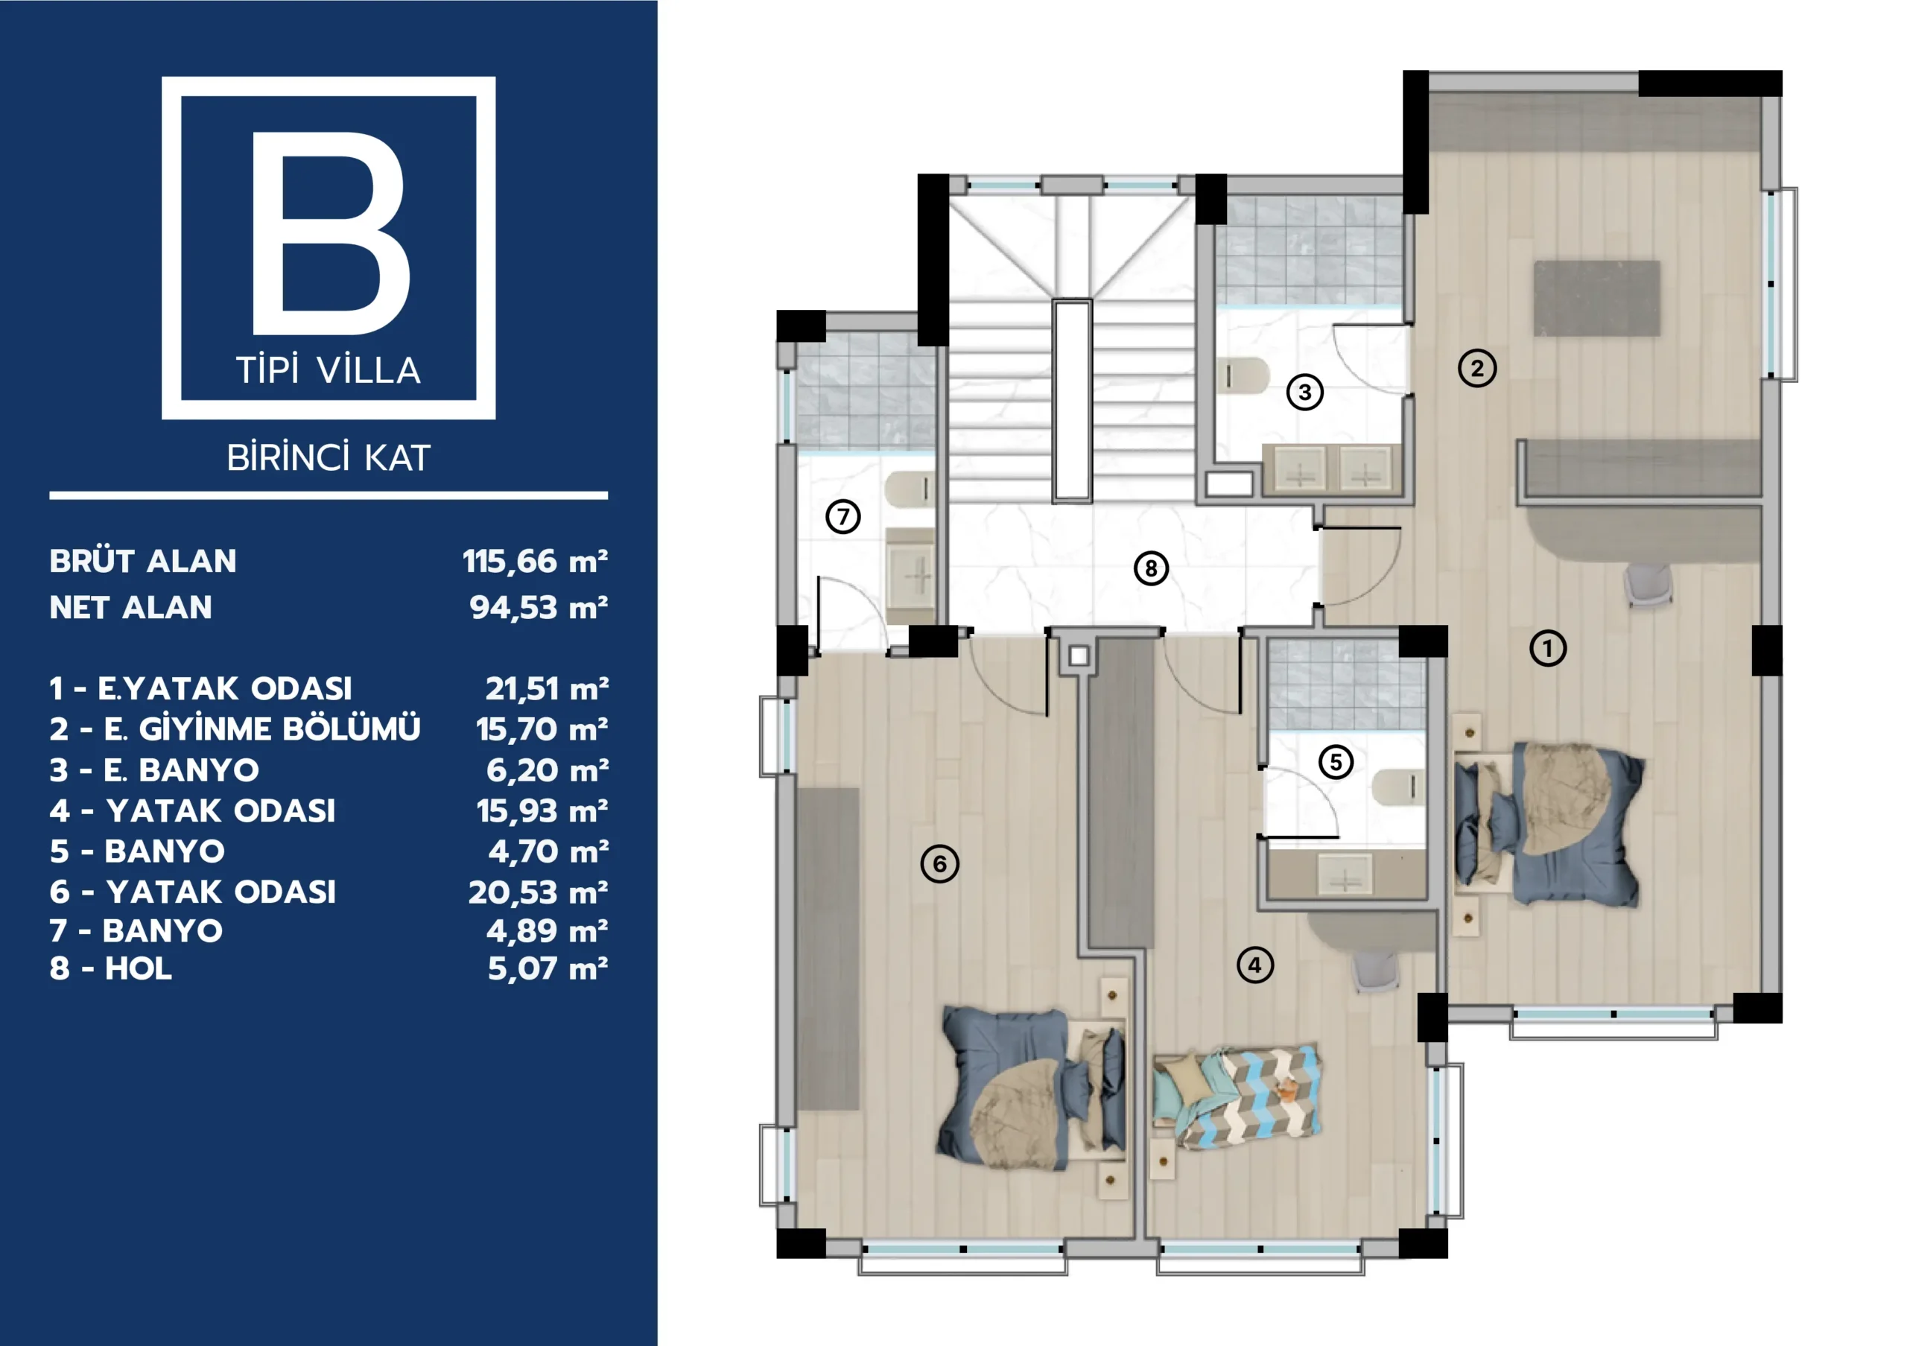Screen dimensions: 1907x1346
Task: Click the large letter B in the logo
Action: tap(330, 233)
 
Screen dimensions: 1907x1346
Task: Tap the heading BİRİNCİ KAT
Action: tap(329, 457)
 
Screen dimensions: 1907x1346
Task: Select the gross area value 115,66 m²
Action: tap(535, 562)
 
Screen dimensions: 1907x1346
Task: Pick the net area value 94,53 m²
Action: tap(539, 608)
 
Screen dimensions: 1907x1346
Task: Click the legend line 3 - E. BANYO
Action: tap(154, 769)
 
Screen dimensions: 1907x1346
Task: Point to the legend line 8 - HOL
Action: tap(110, 968)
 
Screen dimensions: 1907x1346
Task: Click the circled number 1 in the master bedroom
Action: tap(1548, 648)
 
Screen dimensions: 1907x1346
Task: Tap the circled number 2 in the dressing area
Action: tap(1476, 368)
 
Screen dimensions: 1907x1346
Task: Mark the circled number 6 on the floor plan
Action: tap(939, 863)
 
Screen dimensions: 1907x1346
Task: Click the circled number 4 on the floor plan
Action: tap(1255, 965)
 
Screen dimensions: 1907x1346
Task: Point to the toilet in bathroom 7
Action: tap(909, 490)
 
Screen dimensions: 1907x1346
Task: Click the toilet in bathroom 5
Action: tap(1397, 787)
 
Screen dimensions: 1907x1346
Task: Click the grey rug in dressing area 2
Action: tap(1596, 298)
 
